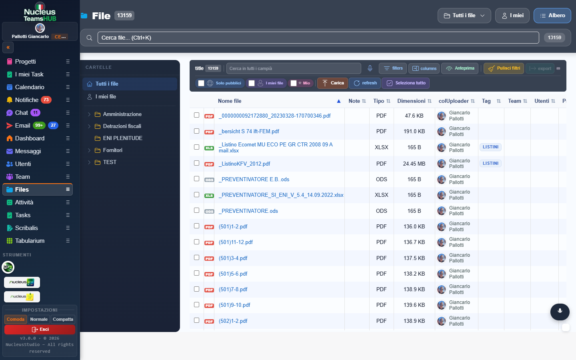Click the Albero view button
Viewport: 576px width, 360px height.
(x=552, y=16)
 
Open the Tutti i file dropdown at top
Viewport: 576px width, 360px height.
(x=464, y=16)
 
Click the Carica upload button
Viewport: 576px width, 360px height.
(x=332, y=83)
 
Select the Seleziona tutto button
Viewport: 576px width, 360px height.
(x=406, y=83)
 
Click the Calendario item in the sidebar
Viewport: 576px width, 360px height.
(x=30, y=87)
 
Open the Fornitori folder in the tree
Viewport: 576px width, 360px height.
(x=112, y=150)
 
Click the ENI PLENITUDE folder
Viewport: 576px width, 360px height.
(x=122, y=138)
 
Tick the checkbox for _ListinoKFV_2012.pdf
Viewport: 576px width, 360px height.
(x=196, y=163)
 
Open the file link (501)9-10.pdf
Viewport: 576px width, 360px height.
(x=234, y=305)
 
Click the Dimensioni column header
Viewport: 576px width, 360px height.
(x=411, y=101)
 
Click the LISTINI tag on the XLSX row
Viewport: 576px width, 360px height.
(x=490, y=147)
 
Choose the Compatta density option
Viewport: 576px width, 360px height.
(x=63, y=320)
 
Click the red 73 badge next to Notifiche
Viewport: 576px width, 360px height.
(x=46, y=100)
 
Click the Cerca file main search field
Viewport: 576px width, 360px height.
(x=318, y=38)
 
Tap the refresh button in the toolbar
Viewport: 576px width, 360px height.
(x=365, y=83)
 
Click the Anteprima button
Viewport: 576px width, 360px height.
(x=460, y=68)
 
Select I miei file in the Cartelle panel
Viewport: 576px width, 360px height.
(x=106, y=97)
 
